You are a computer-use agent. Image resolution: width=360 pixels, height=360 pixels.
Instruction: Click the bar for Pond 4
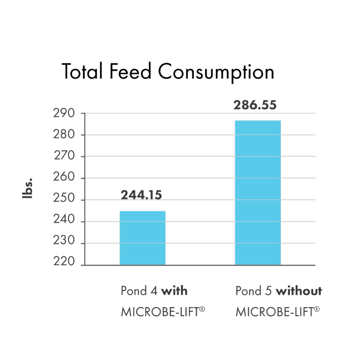pyautogui.click(x=142, y=238)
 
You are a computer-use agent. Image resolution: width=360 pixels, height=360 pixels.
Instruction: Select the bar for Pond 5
pyautogui.click(x=258, y=192)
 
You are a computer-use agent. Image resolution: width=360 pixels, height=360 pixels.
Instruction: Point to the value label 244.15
pyautogui.click(x=141, y=195)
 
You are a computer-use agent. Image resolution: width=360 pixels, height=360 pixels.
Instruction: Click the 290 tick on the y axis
pyautogui.click(x=64, y=114)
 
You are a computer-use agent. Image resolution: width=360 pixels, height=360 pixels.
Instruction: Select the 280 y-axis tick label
pyautogui.click(x=64, y=135)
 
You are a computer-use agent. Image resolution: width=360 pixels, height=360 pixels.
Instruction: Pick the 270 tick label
pyautogui.click(x=64, y=156)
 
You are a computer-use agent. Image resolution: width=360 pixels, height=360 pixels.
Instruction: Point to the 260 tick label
pyautogui.click(x=64, y=178)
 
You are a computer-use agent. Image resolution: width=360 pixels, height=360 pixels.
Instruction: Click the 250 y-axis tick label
pyautogui.click(x=64, y=200)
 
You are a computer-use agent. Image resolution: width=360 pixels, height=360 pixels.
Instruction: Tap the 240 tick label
pyautogui.click(x=64, y=221)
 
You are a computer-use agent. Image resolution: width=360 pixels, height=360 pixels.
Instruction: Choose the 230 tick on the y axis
pyautogui.click(x=64, y=242)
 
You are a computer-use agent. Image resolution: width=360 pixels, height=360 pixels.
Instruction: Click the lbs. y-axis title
pyautogui.click(x=28, y=189)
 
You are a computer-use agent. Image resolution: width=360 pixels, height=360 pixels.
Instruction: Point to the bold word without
pyautogui.click(x=299, y=290)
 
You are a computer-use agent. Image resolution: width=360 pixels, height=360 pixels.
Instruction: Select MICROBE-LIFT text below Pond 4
pyautogui.click(x=163, y=312)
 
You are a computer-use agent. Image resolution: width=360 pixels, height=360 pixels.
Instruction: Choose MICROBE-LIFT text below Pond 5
pyautogui.click(x=278, y=312)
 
